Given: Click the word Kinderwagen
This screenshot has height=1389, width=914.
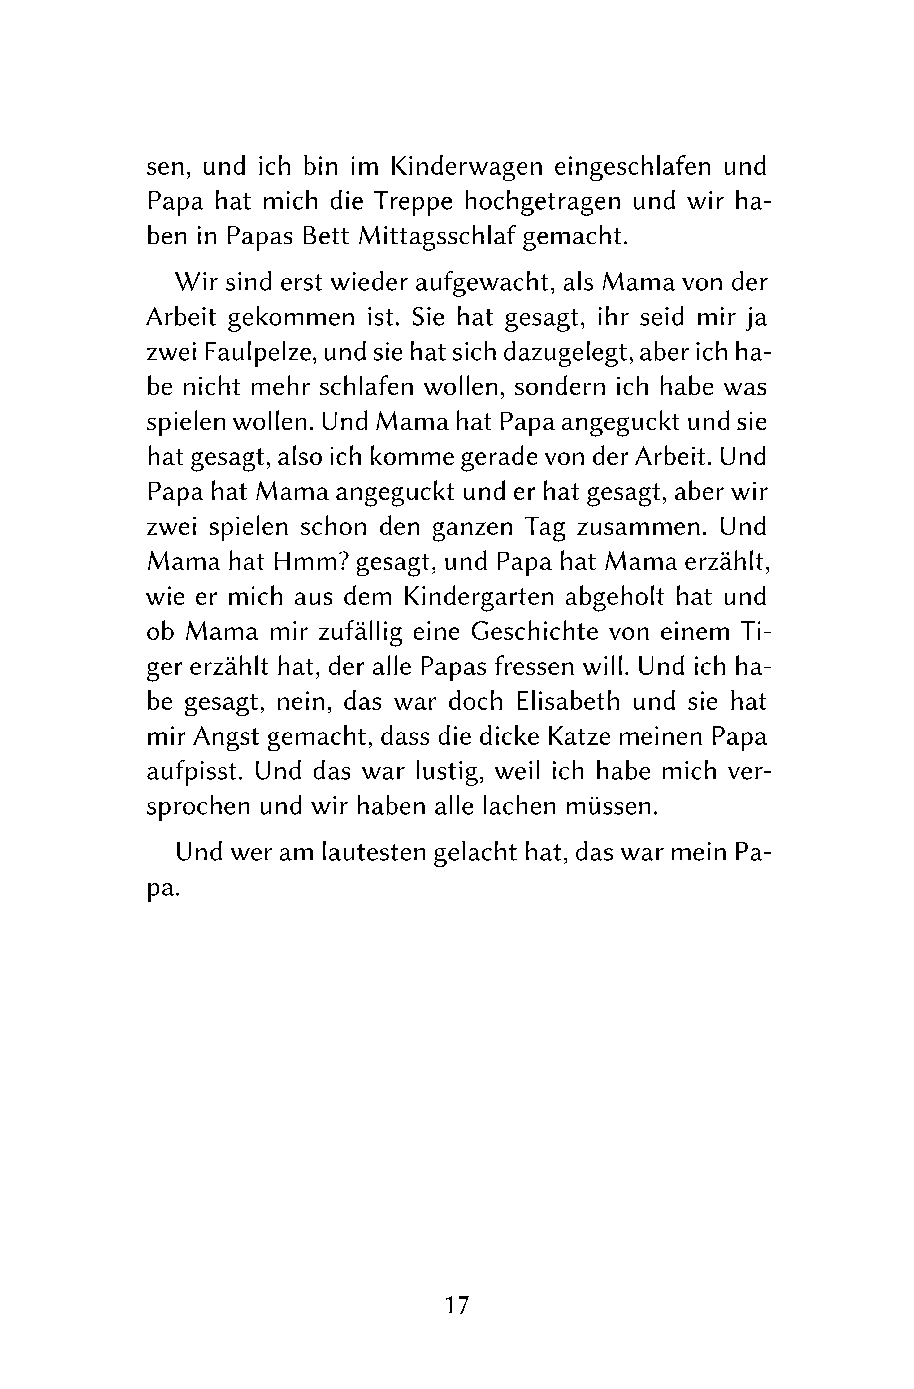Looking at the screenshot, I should (465, 167).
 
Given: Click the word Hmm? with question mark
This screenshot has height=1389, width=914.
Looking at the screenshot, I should (311, 562).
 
